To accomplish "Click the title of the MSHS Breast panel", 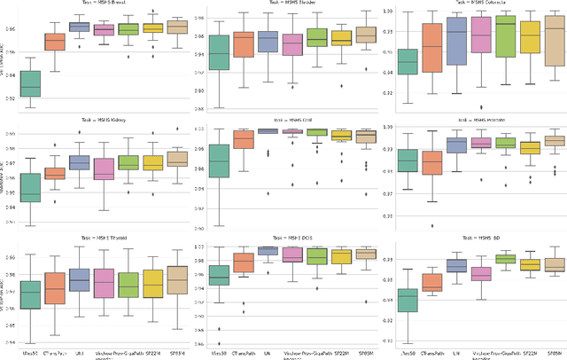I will tap(105, 4).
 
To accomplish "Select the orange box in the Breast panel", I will tap(55, 42).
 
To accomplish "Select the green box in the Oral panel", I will tap(218, 161).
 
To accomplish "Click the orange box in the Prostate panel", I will tap(431, 163).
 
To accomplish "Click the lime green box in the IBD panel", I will tap(505, 258).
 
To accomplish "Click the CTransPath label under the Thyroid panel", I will tap(55, 353).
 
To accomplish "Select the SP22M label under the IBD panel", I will tap(530, 353).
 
